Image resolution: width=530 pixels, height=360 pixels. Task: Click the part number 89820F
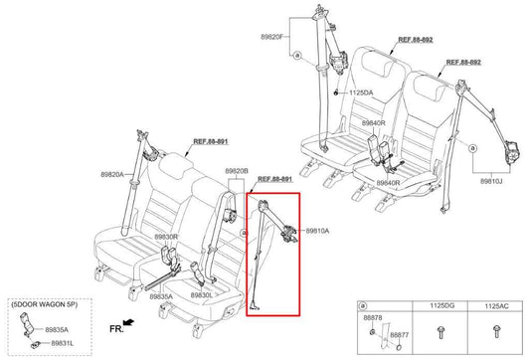point(273,37)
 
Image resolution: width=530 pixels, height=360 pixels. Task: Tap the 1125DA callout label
point(362,92)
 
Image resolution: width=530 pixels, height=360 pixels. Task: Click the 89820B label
point(237,170)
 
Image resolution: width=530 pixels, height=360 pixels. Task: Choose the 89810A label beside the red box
point(316,230)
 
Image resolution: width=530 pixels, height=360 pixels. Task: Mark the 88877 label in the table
point(398,336)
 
